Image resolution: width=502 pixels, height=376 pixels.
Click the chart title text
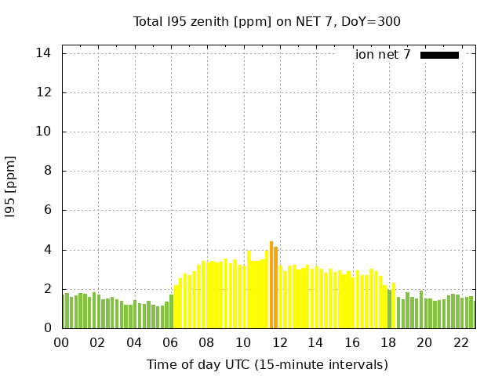(267, 21)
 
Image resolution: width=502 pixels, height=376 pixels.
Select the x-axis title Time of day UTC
(267, 364)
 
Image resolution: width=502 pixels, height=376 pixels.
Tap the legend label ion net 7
(383, 55)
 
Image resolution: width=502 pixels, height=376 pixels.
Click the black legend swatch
(439, 55)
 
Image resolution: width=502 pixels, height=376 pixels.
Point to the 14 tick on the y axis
(43, 53)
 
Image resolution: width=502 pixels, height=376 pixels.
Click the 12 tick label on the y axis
(43, 92)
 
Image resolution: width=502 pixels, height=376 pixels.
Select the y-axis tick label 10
(43, 132)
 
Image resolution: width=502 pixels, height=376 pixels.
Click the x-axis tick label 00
(62, 342)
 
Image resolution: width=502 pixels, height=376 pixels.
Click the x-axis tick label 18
(388, 342)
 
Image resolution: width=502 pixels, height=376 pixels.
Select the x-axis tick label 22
(461, 342)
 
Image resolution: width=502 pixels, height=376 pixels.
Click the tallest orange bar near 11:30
(271, 285)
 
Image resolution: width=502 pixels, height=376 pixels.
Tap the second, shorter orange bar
(276, 288)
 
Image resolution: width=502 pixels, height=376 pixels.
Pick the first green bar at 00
(63, 311)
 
